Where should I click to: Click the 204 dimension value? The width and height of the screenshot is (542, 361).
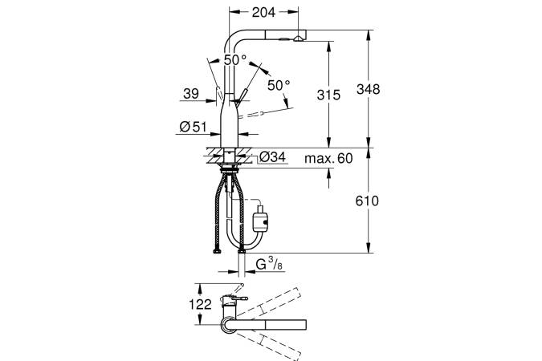263,13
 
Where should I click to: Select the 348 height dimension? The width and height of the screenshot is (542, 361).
368,89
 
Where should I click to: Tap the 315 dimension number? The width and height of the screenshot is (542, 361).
328,95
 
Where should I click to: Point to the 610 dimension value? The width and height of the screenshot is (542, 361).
367,201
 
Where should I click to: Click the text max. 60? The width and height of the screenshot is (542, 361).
328,158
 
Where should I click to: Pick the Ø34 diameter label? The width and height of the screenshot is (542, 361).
273,157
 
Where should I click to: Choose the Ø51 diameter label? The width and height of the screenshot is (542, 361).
193,127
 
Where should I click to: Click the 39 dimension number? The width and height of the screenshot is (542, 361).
191,93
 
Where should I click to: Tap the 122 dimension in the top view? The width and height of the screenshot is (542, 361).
200,304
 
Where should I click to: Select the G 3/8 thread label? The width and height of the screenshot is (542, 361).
269,264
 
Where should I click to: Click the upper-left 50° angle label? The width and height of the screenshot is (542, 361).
235,60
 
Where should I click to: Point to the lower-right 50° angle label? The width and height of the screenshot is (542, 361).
279,85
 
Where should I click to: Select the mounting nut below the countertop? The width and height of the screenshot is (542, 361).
229,168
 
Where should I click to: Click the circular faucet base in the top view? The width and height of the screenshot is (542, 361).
228,325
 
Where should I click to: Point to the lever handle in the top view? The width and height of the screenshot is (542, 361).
238,298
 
